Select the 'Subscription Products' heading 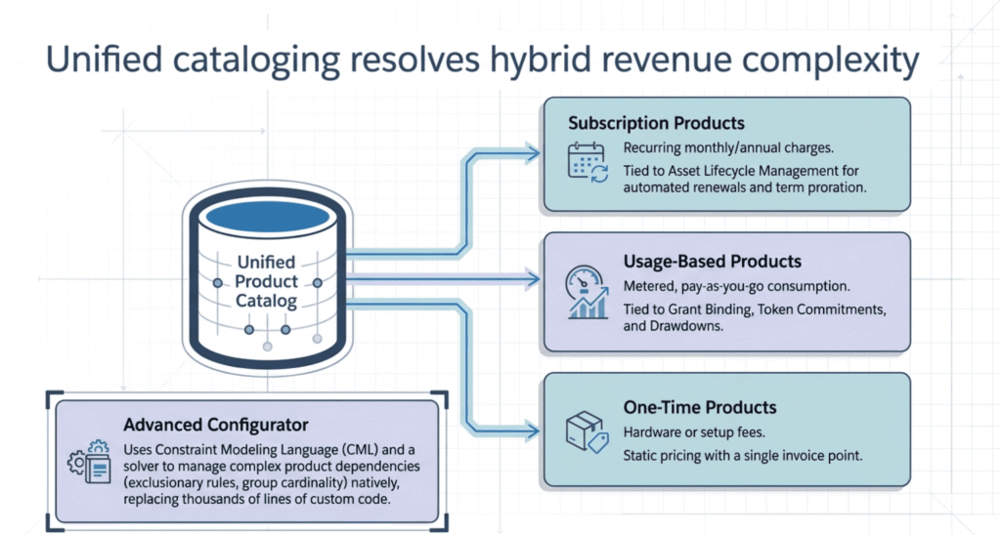click(x=656, y=124)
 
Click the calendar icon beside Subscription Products click(x=587, y=162)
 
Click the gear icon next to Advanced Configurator click(x=87, y=464)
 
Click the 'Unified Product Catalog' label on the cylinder click(x=266, y=282)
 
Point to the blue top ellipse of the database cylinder click(x=266, y=214)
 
